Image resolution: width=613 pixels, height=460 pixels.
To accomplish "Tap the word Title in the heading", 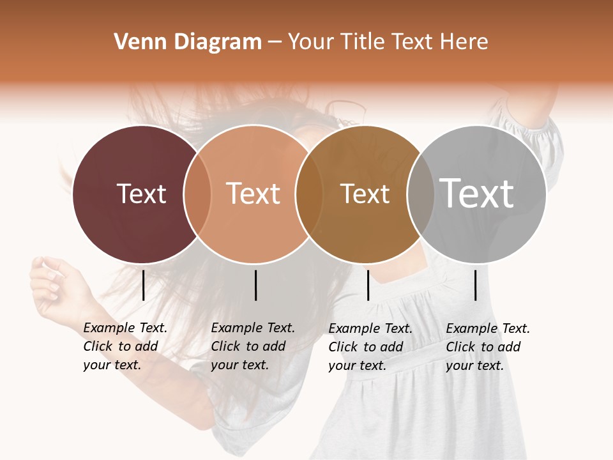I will [x=362, y=42].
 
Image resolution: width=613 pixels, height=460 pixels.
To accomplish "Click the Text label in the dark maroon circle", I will [x=141, y=194].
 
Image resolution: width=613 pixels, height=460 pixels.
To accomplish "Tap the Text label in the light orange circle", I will [x=254, y=194].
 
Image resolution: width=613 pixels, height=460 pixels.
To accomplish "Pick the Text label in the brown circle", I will [x=365, y=194].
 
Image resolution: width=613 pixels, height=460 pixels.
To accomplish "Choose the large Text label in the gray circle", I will [x=477, y=193].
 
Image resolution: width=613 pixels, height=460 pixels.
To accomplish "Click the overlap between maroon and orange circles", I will [x=197, y=194].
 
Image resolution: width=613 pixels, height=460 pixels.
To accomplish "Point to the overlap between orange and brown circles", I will [x=309, y=194].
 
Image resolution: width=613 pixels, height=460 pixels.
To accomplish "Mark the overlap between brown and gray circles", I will [x=421, y=194].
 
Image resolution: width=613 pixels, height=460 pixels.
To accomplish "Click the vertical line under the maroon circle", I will [x=143, y=285].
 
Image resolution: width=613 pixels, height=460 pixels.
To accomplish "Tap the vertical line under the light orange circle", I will [x=255, y=285].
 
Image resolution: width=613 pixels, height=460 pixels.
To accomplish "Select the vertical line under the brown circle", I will [x=368, y=285].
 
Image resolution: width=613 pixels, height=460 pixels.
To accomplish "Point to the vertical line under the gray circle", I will [x=476, y=285].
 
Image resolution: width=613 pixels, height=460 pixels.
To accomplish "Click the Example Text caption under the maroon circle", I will [x=125, y=346].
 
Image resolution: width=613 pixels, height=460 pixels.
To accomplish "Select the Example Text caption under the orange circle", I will [x=253, y=346].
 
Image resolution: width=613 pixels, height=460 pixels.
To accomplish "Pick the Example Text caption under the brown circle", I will [x=370, y=346].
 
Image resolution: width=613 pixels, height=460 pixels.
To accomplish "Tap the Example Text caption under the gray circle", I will [x=488, y=346].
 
